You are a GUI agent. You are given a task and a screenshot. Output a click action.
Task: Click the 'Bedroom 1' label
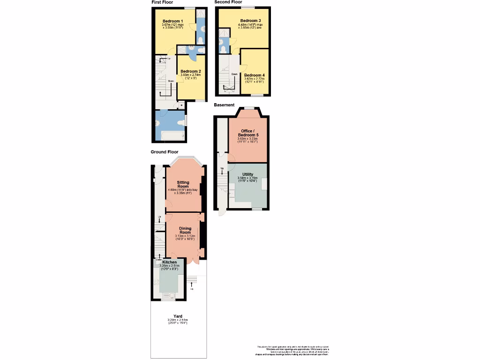(173, 21)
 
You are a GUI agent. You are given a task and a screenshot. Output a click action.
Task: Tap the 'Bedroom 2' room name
(191, 71)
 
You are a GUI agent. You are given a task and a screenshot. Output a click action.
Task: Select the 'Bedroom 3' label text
(250, 21)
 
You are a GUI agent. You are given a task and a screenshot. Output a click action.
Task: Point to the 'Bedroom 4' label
(255, 75)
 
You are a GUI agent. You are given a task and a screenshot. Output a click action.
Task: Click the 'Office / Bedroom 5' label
(248, 133)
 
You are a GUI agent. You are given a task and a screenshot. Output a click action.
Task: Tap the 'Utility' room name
(247, 174)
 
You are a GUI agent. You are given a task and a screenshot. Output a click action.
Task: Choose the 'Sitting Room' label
(183, 184)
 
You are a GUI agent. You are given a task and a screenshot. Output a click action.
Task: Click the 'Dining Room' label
(185, 230)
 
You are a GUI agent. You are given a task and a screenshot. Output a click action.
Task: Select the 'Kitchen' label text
(169, 262)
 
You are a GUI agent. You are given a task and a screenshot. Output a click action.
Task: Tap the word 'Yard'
(178, 316)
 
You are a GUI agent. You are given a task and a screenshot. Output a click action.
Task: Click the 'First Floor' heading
(162, 2)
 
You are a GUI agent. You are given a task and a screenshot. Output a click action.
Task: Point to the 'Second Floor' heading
(228, 2)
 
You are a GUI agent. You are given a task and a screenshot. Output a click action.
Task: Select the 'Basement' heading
(224, 105)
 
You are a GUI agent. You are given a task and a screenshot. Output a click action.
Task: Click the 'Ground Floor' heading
(165, 152)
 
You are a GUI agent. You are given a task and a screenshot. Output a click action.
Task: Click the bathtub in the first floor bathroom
(172, 136)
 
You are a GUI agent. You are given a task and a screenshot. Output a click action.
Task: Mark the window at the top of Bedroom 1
(189, 7)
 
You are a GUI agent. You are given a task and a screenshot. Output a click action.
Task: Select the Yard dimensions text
(178, 322)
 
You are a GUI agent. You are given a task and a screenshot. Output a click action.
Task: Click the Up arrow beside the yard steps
(192, 286)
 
